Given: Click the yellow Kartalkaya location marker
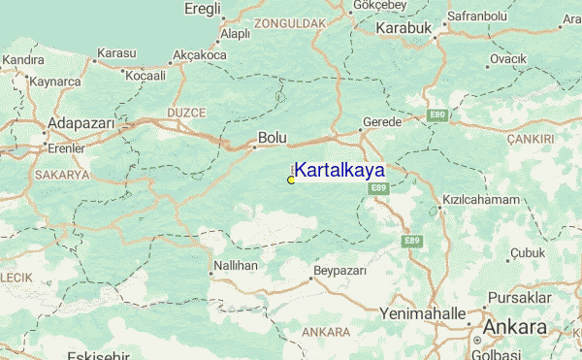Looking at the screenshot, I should [291, 180].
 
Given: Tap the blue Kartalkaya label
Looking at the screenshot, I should [339, 170].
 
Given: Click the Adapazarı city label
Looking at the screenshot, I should [81, 124].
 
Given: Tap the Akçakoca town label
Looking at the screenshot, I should [198, 56].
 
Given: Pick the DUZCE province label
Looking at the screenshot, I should [187, 113].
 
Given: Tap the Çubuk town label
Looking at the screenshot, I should [529, 252].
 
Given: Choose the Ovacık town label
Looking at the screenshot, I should [507, 59].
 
